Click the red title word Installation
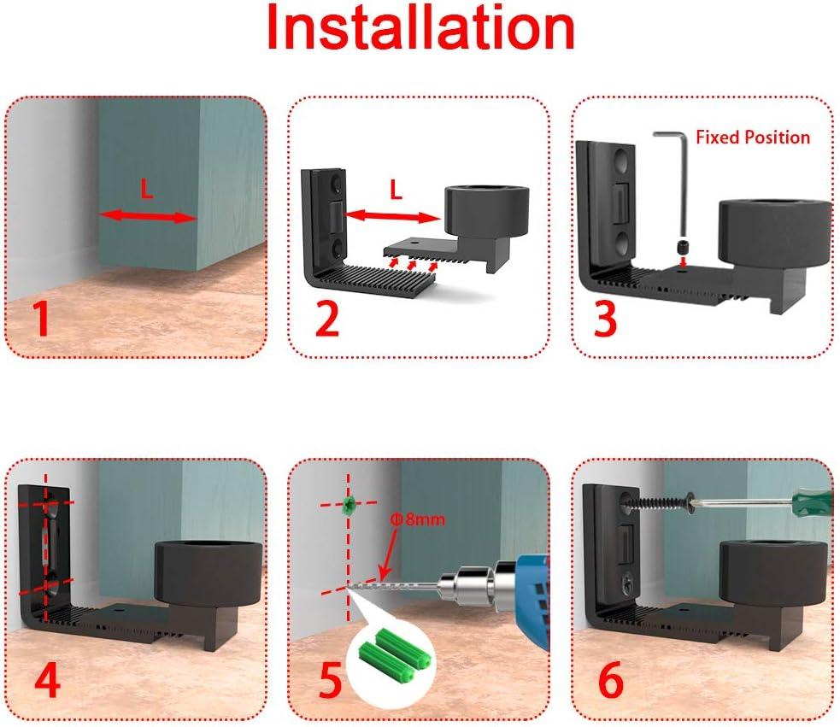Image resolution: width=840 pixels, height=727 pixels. point(420,29)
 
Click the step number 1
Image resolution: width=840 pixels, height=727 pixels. point(40,319)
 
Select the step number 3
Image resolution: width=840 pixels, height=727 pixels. point(606,319)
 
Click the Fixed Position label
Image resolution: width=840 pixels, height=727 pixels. point(752,137)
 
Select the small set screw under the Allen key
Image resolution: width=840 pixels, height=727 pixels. point(683,248)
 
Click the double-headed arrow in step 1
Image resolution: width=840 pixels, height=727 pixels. point(148,217)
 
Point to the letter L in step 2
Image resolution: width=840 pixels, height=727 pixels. point(395,191)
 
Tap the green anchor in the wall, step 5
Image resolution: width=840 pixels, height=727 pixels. point(348,505)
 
